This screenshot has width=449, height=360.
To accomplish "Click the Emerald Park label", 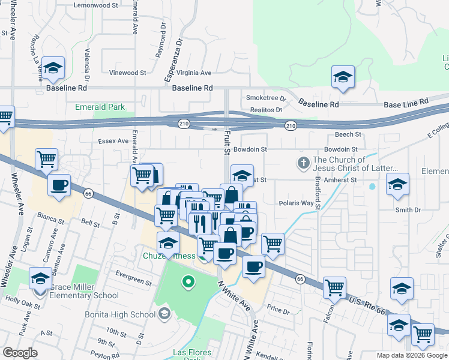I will coord(100,107).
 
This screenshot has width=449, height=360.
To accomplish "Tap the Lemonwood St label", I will coord(96,5).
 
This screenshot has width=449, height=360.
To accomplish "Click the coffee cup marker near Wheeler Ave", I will coord(59,185).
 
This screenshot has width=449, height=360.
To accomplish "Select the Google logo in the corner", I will coord(20,352).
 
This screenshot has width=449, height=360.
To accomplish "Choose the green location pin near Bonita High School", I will coord(188,280).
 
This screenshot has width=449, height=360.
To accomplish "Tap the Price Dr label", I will coord(278,311).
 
